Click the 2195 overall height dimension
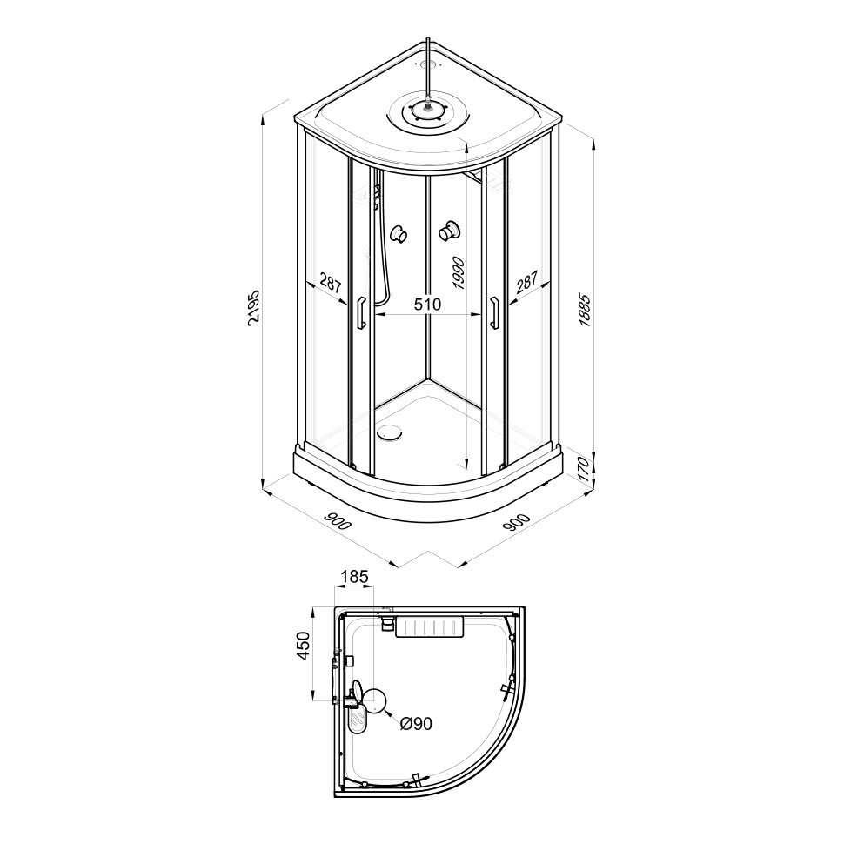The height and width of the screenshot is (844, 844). click(254, 307)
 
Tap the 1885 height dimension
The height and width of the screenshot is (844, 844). click(586, 310)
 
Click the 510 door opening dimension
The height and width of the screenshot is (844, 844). click(427, 305)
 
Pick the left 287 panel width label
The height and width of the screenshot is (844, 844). click(331, 283)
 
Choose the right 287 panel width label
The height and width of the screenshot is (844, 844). click(527, 283)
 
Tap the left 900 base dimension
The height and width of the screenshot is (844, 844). click(338, 521)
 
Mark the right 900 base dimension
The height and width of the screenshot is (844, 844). click(518, 521)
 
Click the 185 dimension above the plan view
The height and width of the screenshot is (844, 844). click(353, 577)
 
